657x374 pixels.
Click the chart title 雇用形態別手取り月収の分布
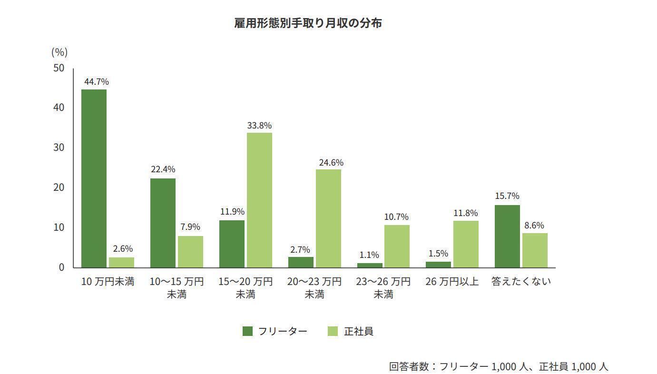pos(308,23)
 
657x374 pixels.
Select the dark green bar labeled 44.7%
pos(94,178)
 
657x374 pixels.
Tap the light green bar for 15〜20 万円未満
pos(259,200)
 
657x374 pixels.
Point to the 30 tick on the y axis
pos(59,148)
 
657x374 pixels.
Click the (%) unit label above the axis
pos(59,52)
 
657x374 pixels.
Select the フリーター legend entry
pos(275,331)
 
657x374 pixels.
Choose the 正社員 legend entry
pos(351,331)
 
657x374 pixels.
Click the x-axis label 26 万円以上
pos(452,282)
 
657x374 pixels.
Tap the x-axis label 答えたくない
pos(521,282)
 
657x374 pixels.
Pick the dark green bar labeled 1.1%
pos(370,265)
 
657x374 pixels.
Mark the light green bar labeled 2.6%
pos(121,262)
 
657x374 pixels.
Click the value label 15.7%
pos(507,196)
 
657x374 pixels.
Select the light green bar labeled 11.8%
pos(466,244)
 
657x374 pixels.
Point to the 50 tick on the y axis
pos(59,68)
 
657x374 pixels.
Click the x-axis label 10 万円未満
pos(108,282)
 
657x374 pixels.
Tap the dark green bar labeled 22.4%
pos(163,223)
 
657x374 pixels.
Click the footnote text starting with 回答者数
pos(498,366)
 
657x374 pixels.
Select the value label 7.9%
pos(190,227)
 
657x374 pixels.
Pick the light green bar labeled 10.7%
pos(397,246)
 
